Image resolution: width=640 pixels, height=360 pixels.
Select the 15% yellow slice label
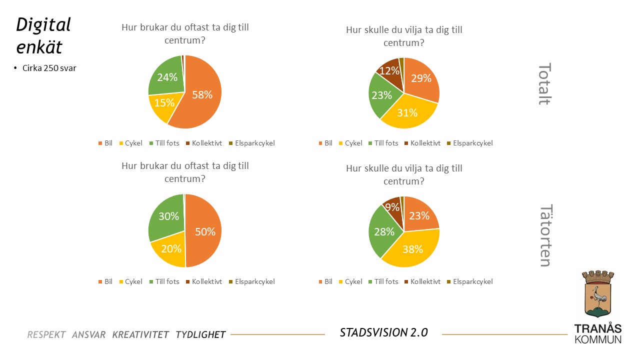click(x=164, y=103)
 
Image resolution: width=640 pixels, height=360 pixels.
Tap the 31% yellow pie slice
click(x=407, y=112)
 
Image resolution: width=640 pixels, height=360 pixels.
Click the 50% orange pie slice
click(x=204, y=231)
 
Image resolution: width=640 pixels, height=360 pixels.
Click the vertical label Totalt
click(x=544, y=84)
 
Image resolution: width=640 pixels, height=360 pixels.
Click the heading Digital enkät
click(x=43, y=35)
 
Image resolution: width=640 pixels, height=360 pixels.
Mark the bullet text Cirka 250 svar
click(x=49, y=68)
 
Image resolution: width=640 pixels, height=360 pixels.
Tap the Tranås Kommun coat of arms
click(x=598, y=294)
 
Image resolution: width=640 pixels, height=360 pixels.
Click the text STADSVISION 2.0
click(x=383, y=332)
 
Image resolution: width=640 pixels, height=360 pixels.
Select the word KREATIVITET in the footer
click(x=140, y=334)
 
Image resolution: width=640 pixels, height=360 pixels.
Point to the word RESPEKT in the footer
click(x=46, y=334)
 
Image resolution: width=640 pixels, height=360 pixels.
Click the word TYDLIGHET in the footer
click(x=200, y=334)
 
